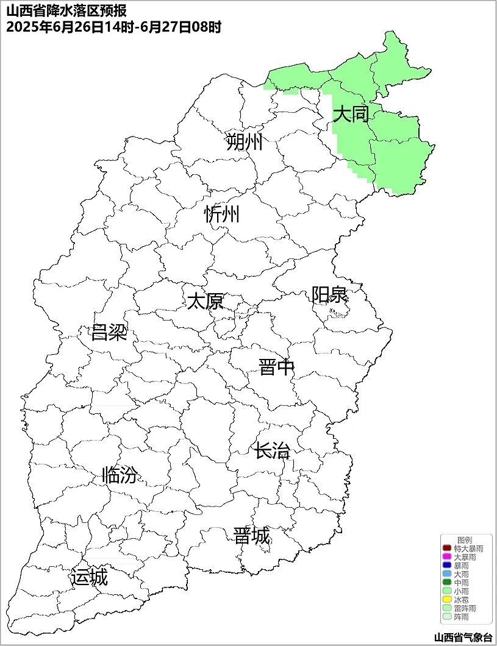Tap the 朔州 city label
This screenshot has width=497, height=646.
tap(244, 143)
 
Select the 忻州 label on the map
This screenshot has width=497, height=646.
tap(222, 215)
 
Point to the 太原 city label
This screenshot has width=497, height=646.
tap(205, 301)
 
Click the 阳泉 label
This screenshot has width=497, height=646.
tap(329, 295)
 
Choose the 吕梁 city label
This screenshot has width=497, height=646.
tap(109, 333)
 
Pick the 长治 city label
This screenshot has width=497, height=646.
tap(272, 452)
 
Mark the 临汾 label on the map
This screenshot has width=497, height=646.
tap(120, 475)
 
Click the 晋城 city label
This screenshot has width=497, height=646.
tap(252, 536)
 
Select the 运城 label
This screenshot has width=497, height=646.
tap(89, 577)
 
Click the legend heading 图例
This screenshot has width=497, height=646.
tap(465, 541)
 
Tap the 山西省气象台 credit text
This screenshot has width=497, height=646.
tap(463, 637)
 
